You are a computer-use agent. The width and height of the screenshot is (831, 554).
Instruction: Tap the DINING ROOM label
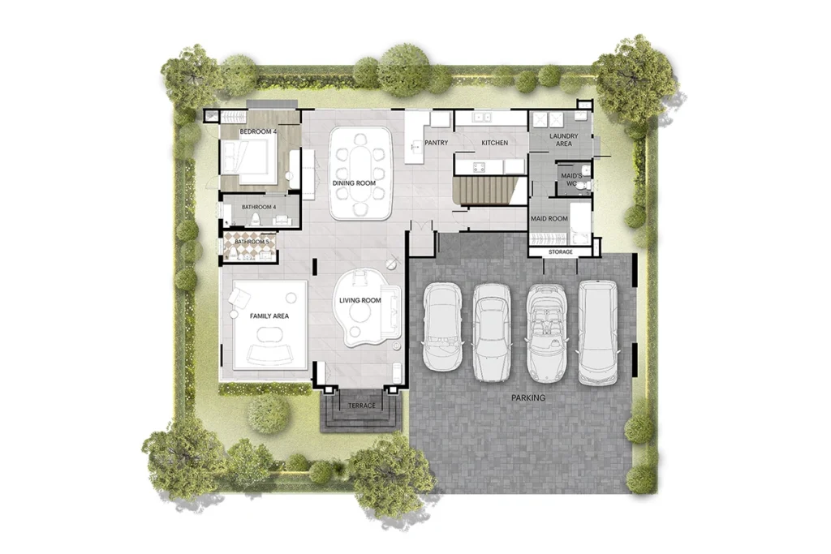[x=354, y=183]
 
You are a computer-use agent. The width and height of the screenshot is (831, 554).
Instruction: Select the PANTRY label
[x=437, y=144]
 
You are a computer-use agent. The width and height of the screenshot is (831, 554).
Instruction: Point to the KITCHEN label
[x=494, y=144]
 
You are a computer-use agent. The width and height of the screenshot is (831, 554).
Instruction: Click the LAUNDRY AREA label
[x=563, y=140]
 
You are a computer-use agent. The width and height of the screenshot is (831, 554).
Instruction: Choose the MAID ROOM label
[x=549, y=219]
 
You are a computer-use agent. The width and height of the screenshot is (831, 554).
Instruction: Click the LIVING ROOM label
[x=360, y=301]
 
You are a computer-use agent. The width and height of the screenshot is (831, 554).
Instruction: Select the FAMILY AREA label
[x=269, y=316]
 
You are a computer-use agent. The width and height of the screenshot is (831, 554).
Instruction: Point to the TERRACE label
[x=361, y=406]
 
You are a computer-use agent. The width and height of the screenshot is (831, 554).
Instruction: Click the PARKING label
[x=527, y=398]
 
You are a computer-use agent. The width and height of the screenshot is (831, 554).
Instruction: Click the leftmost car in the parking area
[x=443, y=326]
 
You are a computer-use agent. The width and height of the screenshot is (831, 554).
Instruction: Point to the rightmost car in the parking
[x=597, y=333]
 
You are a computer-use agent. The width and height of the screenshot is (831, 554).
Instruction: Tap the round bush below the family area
[x=269, y=413]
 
